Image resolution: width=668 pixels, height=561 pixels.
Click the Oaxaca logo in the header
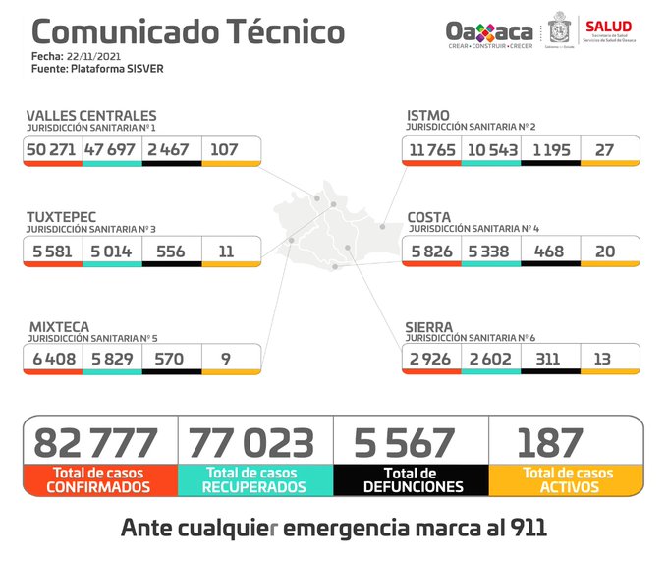[488, 31]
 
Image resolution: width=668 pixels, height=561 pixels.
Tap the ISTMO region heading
[428, 116]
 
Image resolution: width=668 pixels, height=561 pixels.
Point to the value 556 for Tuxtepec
[171, 251]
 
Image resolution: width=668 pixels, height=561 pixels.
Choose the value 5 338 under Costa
[488, 251]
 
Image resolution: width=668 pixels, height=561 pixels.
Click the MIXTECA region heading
[58, 326]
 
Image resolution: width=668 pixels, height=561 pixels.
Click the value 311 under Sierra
[550, 359]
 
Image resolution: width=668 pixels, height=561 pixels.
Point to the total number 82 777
[96, 443]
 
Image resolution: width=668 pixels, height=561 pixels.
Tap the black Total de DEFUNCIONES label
[412, 479]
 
